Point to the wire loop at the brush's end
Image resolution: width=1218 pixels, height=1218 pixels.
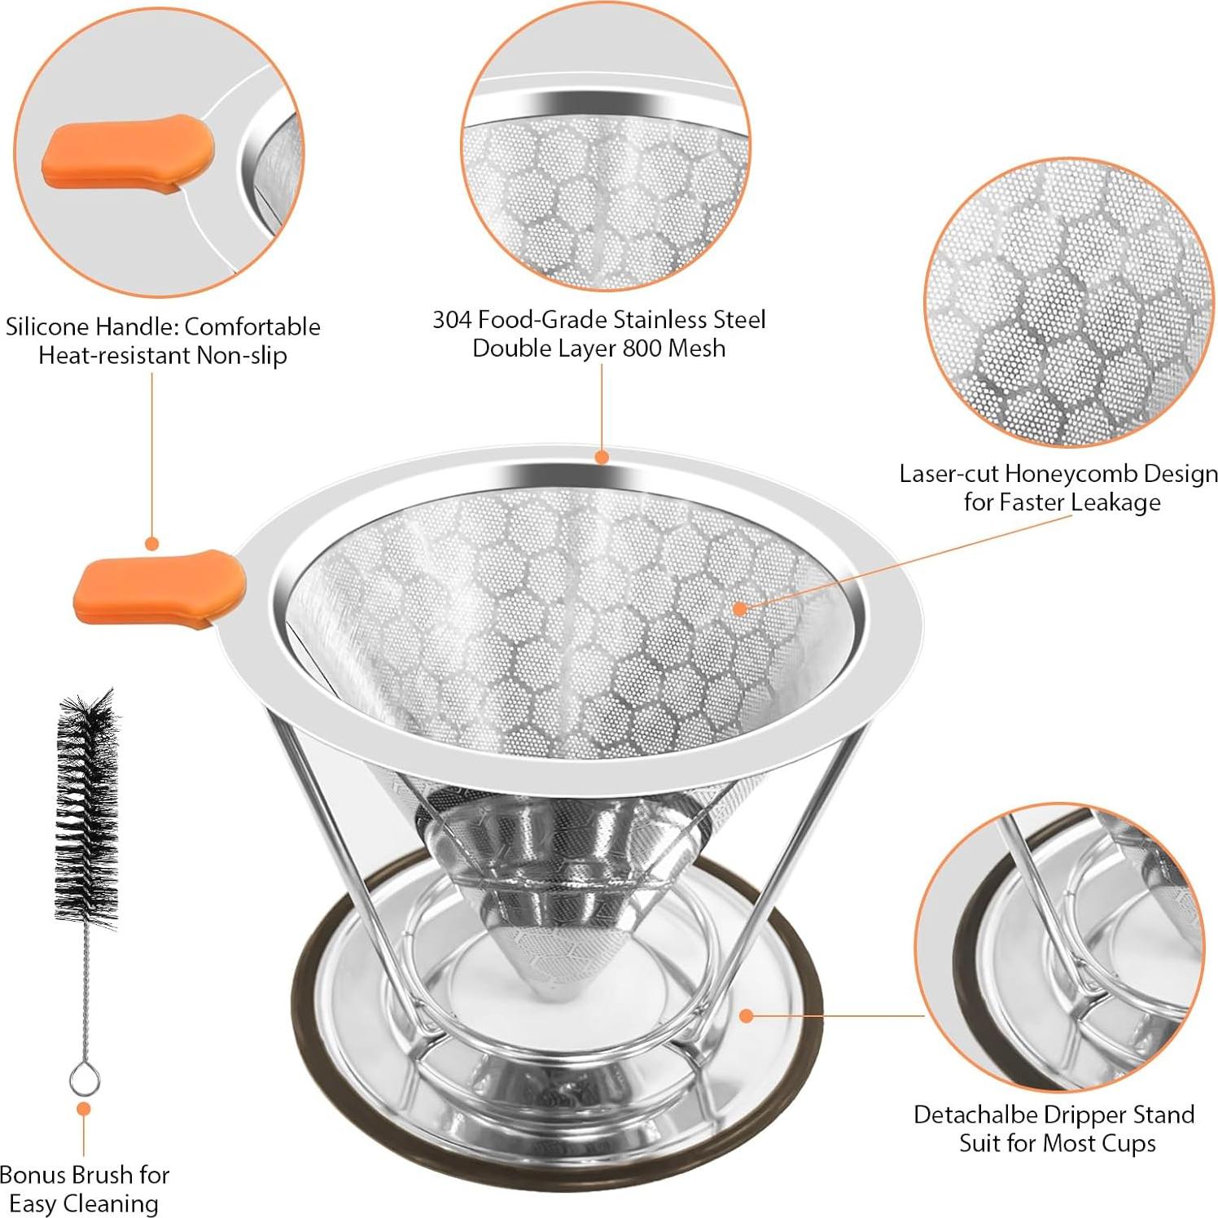click(x=84, y=1079)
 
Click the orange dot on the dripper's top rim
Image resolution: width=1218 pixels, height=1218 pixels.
click(x=602, y=457)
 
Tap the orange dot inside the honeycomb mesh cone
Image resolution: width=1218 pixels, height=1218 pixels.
click(x=739, y=607)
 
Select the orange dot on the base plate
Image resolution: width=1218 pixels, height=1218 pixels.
click(x=746, y=1015)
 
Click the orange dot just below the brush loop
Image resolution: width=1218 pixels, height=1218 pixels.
click(x=83, y=1109)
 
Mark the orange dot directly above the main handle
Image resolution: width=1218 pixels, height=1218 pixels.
click(x=151, y=543)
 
